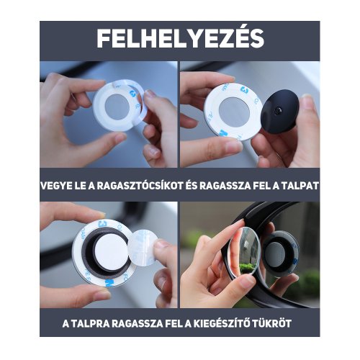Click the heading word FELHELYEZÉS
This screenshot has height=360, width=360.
pyautogui.click(x=180, y=38)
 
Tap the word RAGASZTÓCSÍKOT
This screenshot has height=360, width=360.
pyautogui.click(x=140, y=186)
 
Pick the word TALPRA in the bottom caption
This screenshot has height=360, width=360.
pyautogui.click(x=88, y=323)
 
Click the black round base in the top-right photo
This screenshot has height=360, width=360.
pyautogui.click(x=280, y=112)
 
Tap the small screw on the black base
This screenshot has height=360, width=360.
pyautogui.click(x=279, y=111)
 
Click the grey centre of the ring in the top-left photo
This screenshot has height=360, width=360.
pyautogui.click(x=117, y=106)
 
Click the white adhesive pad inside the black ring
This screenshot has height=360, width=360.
pyautogui.click(x=111, y=254)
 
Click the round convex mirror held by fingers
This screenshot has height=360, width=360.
pyautogui.click(x=245, y=252)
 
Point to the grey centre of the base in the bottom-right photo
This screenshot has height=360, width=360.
pyautogui.click(x=275, y=254)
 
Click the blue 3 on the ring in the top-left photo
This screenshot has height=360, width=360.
pyautogui.click(x=132, y=93)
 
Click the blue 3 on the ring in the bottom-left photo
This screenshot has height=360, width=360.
pyautogui.click(x=102, y=224)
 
